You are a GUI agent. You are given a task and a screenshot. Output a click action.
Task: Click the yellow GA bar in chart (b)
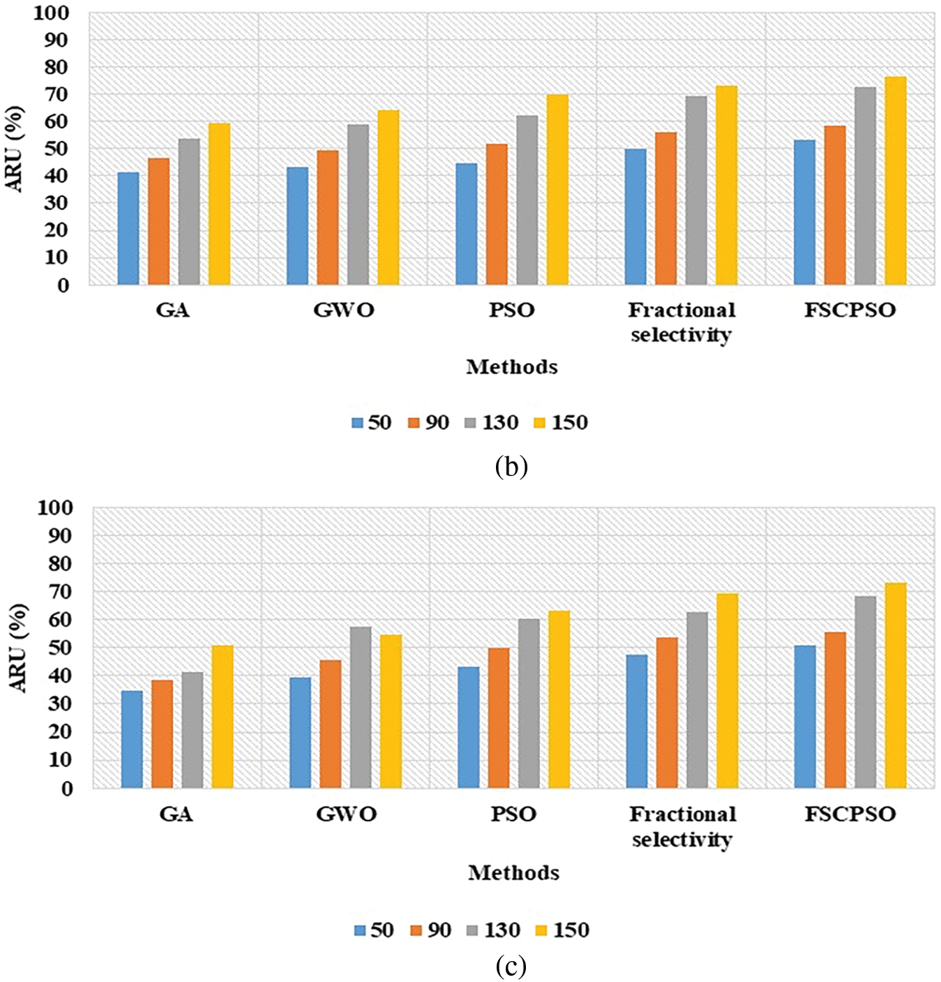(x=219, y=204)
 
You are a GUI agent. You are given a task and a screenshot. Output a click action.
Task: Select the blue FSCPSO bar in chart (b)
(x=804, y=212)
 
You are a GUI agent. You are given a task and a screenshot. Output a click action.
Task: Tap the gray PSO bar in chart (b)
(x=527, y=200)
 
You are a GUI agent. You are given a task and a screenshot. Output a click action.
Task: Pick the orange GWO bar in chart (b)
(x=328, y=217)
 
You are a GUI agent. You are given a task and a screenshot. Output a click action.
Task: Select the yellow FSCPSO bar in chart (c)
(x=896, y=685)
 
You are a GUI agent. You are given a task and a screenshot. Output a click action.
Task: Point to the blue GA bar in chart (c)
(x=132, y=739)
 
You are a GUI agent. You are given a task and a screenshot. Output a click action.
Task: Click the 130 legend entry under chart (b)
(x=491, y=422)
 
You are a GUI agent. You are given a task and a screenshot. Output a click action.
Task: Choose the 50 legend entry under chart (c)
(x=374, y=930)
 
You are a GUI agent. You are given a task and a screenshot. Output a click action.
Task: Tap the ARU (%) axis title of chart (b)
(x=15, y=149)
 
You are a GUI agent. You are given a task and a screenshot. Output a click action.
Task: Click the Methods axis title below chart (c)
(x=513, y=872)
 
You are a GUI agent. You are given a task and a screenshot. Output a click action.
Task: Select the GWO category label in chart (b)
(x=343, y=310)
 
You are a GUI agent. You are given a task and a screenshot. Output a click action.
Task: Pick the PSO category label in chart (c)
(x=513, y=814)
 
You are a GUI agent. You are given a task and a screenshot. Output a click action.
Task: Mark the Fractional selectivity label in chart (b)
(x=682, y=322)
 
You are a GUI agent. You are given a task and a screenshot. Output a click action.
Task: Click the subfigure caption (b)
(x=511, y=466)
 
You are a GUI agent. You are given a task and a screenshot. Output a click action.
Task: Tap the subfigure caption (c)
(x=511, y=967)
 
